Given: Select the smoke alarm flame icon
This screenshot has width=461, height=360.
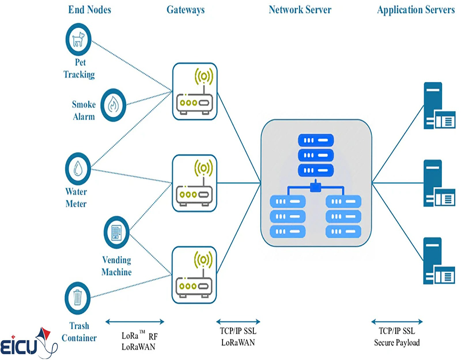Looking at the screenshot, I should (113, 104).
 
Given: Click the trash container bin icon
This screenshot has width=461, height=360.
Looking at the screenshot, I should (78, 297).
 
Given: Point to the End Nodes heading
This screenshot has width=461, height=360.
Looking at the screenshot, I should (90, 9).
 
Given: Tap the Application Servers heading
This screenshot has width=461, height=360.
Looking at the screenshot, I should (416, 9).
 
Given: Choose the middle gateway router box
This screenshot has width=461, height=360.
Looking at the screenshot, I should (194, 183).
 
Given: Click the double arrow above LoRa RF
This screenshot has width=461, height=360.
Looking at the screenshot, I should (134, 322).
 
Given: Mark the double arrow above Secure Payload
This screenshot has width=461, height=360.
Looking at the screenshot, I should (397, 322).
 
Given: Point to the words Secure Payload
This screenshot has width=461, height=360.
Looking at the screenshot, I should (397, 342).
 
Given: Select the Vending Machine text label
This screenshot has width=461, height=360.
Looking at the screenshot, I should (117, 266).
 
